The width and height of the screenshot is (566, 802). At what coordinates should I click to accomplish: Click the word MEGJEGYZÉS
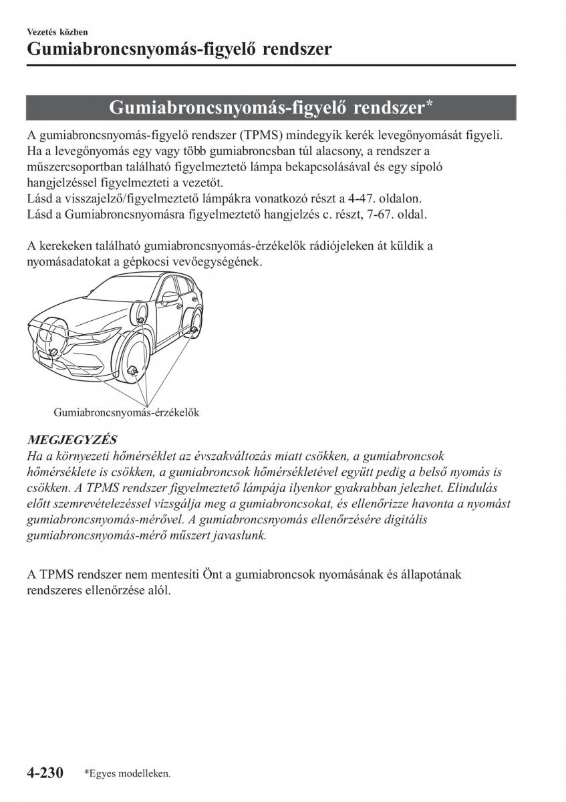[x=72, y=439]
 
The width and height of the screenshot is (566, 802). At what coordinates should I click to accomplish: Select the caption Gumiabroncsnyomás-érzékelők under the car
[x=126, y=412]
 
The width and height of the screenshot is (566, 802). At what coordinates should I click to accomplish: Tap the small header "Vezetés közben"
[x=57, y=31]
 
